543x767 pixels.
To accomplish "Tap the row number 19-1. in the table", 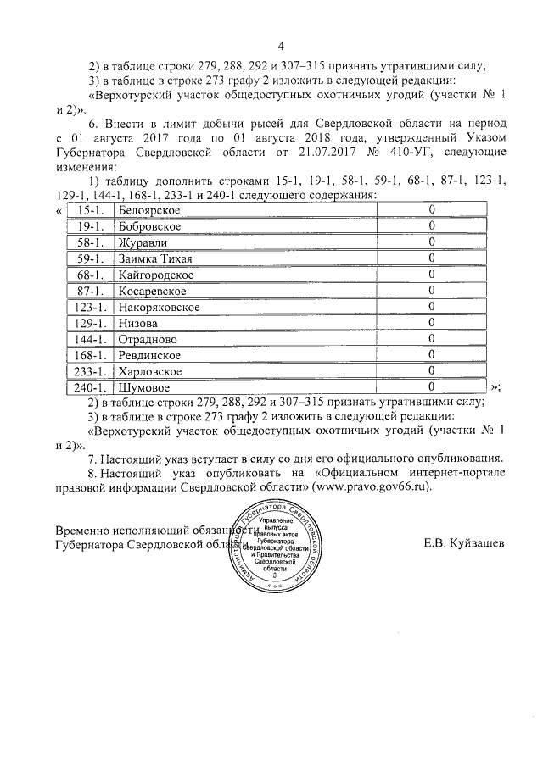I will click(x=88, y=226).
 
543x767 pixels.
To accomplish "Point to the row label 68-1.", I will click(x=88, y=275).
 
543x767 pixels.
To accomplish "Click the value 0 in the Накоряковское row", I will click(x=431, y=307).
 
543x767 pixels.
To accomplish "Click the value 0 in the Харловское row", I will click(x=431, y=371).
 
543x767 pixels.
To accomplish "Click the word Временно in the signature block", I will click(x=86, y=529).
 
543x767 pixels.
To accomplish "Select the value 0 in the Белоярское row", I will click(x=431, y=210).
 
